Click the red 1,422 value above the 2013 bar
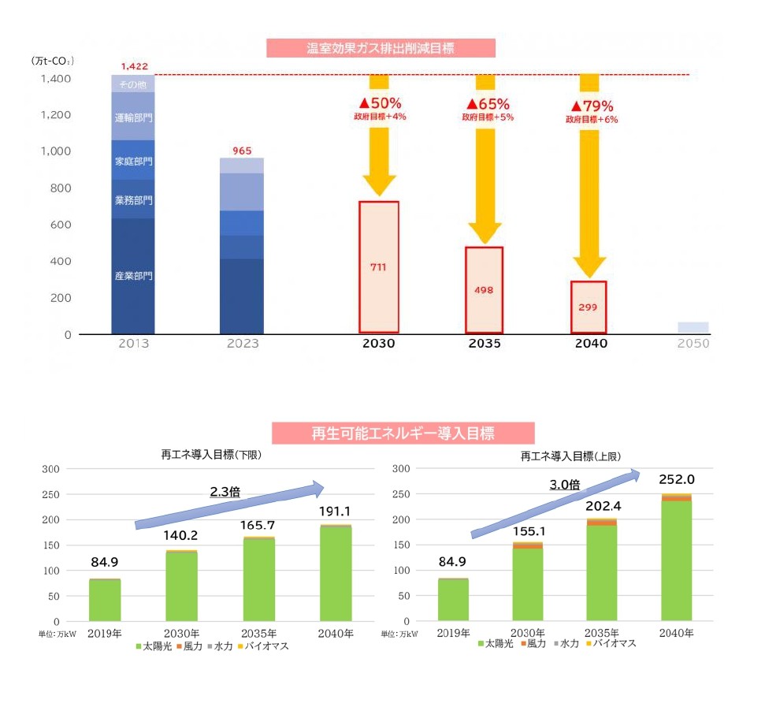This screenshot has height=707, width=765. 135,66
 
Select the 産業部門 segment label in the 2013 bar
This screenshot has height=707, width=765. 134,276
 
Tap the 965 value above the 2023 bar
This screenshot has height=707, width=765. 242,151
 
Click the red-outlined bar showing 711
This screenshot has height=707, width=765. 379,267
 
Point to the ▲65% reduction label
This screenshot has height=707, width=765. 488,104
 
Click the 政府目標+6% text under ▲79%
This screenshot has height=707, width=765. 592,120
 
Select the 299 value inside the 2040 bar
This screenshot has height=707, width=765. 588,307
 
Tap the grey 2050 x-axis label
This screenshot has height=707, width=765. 693,344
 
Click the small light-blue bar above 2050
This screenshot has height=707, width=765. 693,327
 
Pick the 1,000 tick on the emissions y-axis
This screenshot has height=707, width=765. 56,151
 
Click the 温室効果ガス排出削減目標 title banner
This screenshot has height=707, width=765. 381,48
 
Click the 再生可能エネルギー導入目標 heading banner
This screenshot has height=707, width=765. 403,434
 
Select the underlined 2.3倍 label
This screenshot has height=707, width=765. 225,492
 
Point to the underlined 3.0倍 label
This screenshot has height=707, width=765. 564,485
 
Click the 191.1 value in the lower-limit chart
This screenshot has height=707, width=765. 335,512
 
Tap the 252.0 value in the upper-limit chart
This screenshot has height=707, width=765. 677,480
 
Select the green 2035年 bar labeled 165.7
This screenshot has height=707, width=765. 259,579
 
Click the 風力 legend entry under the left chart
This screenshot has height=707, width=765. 190,646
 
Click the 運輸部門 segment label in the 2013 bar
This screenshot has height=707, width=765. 134,117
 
